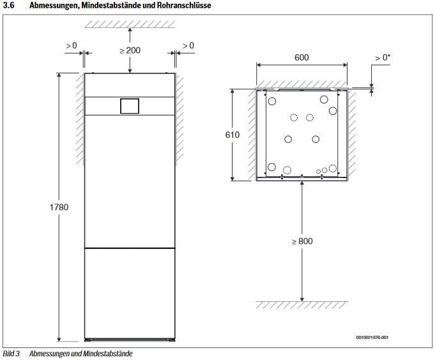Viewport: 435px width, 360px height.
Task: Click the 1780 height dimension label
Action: coord(59,207)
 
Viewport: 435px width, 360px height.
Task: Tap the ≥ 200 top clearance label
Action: coord(130,50)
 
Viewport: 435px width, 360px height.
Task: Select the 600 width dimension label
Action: coord(301,57)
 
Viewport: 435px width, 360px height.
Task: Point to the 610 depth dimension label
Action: coord(233,135)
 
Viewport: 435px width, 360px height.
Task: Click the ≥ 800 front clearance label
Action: coord(302,241)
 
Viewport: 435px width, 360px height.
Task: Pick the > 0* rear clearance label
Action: coord(383,57)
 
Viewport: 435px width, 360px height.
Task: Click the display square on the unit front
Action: coord(130,106)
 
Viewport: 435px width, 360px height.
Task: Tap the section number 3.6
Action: coord(8,5)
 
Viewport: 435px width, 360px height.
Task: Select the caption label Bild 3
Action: coord(11,354)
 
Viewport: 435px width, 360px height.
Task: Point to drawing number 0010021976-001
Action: coord(372,337)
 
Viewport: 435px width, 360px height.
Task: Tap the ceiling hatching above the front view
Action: coord(130,24)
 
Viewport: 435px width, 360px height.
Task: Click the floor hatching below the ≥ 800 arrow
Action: coord(301,305)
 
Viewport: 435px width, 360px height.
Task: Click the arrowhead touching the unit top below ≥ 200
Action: coord(130,71)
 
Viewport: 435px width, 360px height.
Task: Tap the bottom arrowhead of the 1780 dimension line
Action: coord(59,339)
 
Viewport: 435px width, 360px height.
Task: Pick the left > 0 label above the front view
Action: coord(72,45)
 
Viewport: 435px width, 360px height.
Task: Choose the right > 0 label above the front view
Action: coord(188,45)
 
